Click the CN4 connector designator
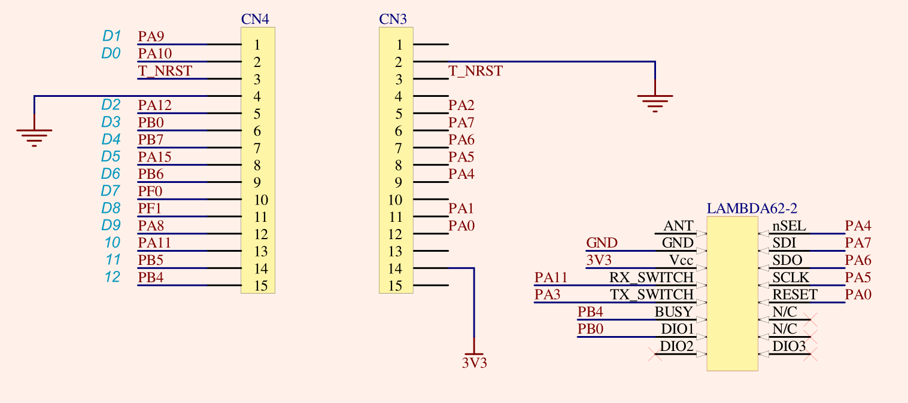(x=255, y=19)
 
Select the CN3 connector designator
(x=393, y=19)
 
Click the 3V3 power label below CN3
(x=474, y=362)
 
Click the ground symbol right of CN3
(x=655, y=102)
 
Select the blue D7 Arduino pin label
(x=111, y=191)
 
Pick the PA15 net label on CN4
(x=154, y=157)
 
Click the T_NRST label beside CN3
(x=476, y=71)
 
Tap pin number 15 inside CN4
(x=260, y=286)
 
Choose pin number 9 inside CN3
(x=399, y=182)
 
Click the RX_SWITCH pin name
(x=651, y=277)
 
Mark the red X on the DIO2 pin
(x=655, y=355)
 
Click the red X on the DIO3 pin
(x=811, y=355)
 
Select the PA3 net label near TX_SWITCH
(x=548, y=295)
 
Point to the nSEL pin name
(x=789, y=226)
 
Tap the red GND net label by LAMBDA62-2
(x=602, y=243)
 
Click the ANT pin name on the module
(x=678, y=226)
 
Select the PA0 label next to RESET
(x=858, y=295)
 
